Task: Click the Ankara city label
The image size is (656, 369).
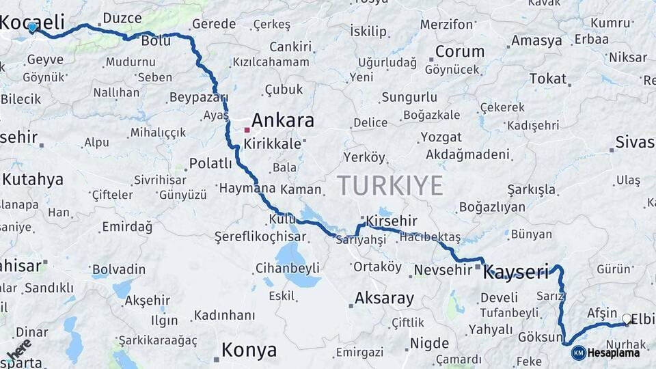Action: pos(283,121)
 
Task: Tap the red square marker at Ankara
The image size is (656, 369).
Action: pos(247,128)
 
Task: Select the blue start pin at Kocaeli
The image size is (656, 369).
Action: pos(32,27)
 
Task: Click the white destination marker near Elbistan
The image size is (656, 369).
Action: pos(627,318)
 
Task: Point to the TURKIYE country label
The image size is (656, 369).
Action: pos(389,185)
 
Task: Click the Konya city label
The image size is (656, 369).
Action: pos(249,351)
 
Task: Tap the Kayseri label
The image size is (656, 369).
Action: pos(516,273)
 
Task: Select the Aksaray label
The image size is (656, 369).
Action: pos(384,299)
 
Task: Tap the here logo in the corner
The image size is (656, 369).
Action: pos(19,348)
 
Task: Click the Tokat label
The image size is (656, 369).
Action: pos(548,79)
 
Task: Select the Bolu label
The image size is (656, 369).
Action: pos(156,41)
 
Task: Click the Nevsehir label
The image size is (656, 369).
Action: pos(443,269)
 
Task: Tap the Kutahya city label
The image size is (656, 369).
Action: pos(33,180)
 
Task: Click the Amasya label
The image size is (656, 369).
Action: pos(536,40)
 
